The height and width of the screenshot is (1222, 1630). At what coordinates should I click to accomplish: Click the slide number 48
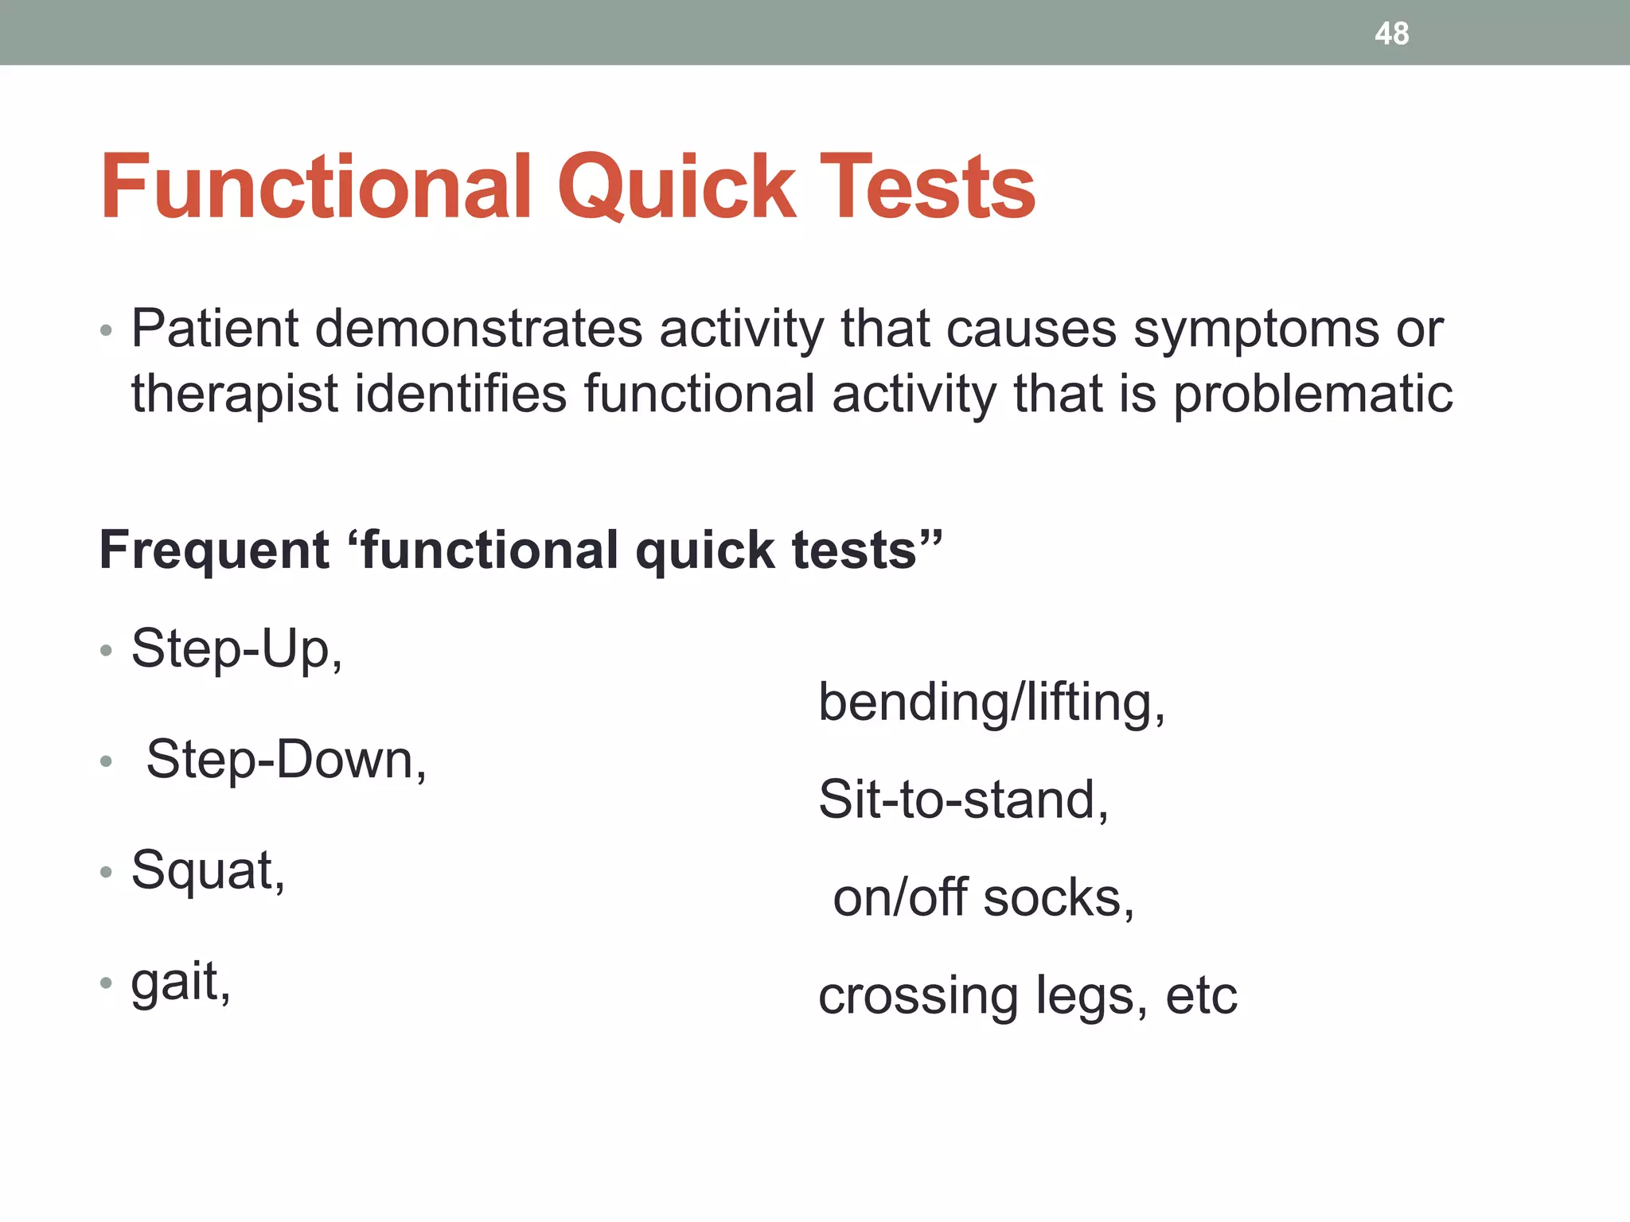(x=1391, y=33)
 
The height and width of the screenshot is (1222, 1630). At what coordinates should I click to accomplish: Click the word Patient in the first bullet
(x=214, y=328)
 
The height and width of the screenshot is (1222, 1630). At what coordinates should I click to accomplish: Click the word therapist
(x=234, y=394)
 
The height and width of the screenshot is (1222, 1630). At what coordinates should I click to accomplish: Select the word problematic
(x=1313, y=394)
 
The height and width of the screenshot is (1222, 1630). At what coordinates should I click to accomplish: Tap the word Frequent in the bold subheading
(x=213, y=550)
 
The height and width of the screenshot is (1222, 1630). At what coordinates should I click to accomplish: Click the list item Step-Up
(x=236, y=649)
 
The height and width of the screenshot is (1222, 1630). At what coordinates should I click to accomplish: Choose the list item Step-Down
(x=286, y=760)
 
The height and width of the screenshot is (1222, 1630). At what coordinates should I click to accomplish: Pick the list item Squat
(x=207, y=870)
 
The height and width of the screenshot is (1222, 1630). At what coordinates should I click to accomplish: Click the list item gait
(x=180, y=982)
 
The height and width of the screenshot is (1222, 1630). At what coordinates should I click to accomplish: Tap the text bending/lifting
(x=991, y=702)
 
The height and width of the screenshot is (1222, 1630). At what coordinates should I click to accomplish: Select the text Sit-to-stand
(x=963, y=800)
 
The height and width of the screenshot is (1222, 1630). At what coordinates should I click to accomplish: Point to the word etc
(x=1201, y=995)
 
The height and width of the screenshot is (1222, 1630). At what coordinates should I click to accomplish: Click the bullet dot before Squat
(x=106, y=873)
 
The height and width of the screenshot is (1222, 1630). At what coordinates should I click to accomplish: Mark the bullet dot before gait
(x=106, y=983)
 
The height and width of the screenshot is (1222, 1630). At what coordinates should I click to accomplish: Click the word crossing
(x=918, y=996)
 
